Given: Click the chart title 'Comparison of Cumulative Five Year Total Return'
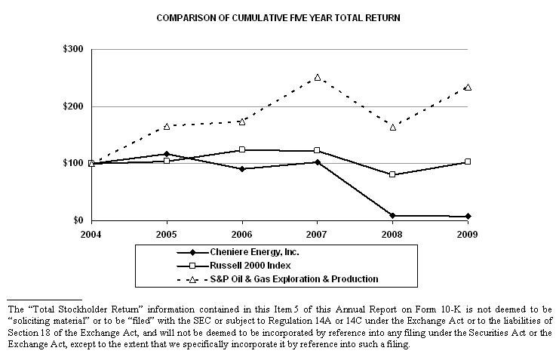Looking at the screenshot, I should pyautogui.click(x=279, y=16).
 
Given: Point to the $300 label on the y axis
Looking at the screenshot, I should pyautogui.click(x=75, y=50).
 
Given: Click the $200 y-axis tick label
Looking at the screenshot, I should pyautogui.click(x=75, y=106).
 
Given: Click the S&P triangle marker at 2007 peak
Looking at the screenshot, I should pyautogui.click(x=317, y=77).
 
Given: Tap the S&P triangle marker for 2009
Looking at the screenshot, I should pyautogui.click(x=468, y=87).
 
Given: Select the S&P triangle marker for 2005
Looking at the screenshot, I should pyautogui.click(x=167, y=126).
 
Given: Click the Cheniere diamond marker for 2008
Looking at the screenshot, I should pyautogui.click(x=392, y=216).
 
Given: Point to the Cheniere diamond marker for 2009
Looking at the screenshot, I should pyautogui.click(x=468, y=217).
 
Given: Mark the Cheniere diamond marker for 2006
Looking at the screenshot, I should pyautogui.click(x=242, y=169).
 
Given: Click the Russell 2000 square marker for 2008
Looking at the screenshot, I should pyautogui.click(x=392, y=174).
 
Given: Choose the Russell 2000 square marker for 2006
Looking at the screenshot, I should pyautogui.click(x=242, y=149).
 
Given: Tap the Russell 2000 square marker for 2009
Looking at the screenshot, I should pyautogui.click(x=468, y=162).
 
